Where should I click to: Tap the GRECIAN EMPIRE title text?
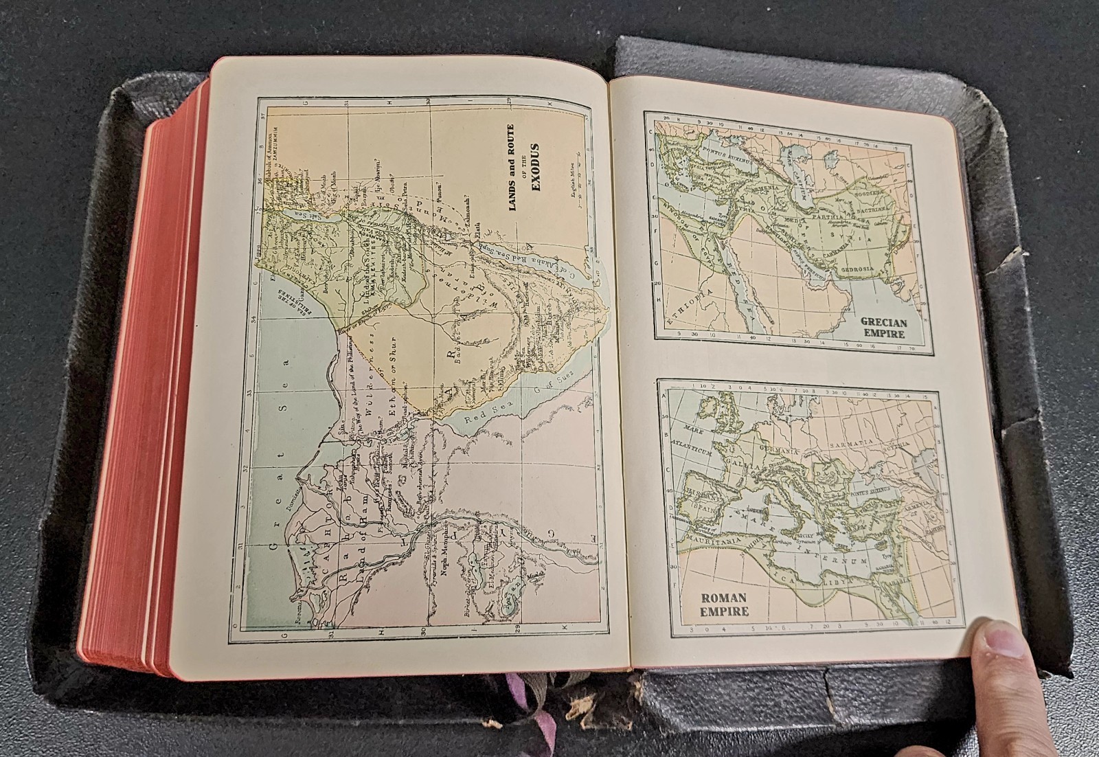(885, 328)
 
